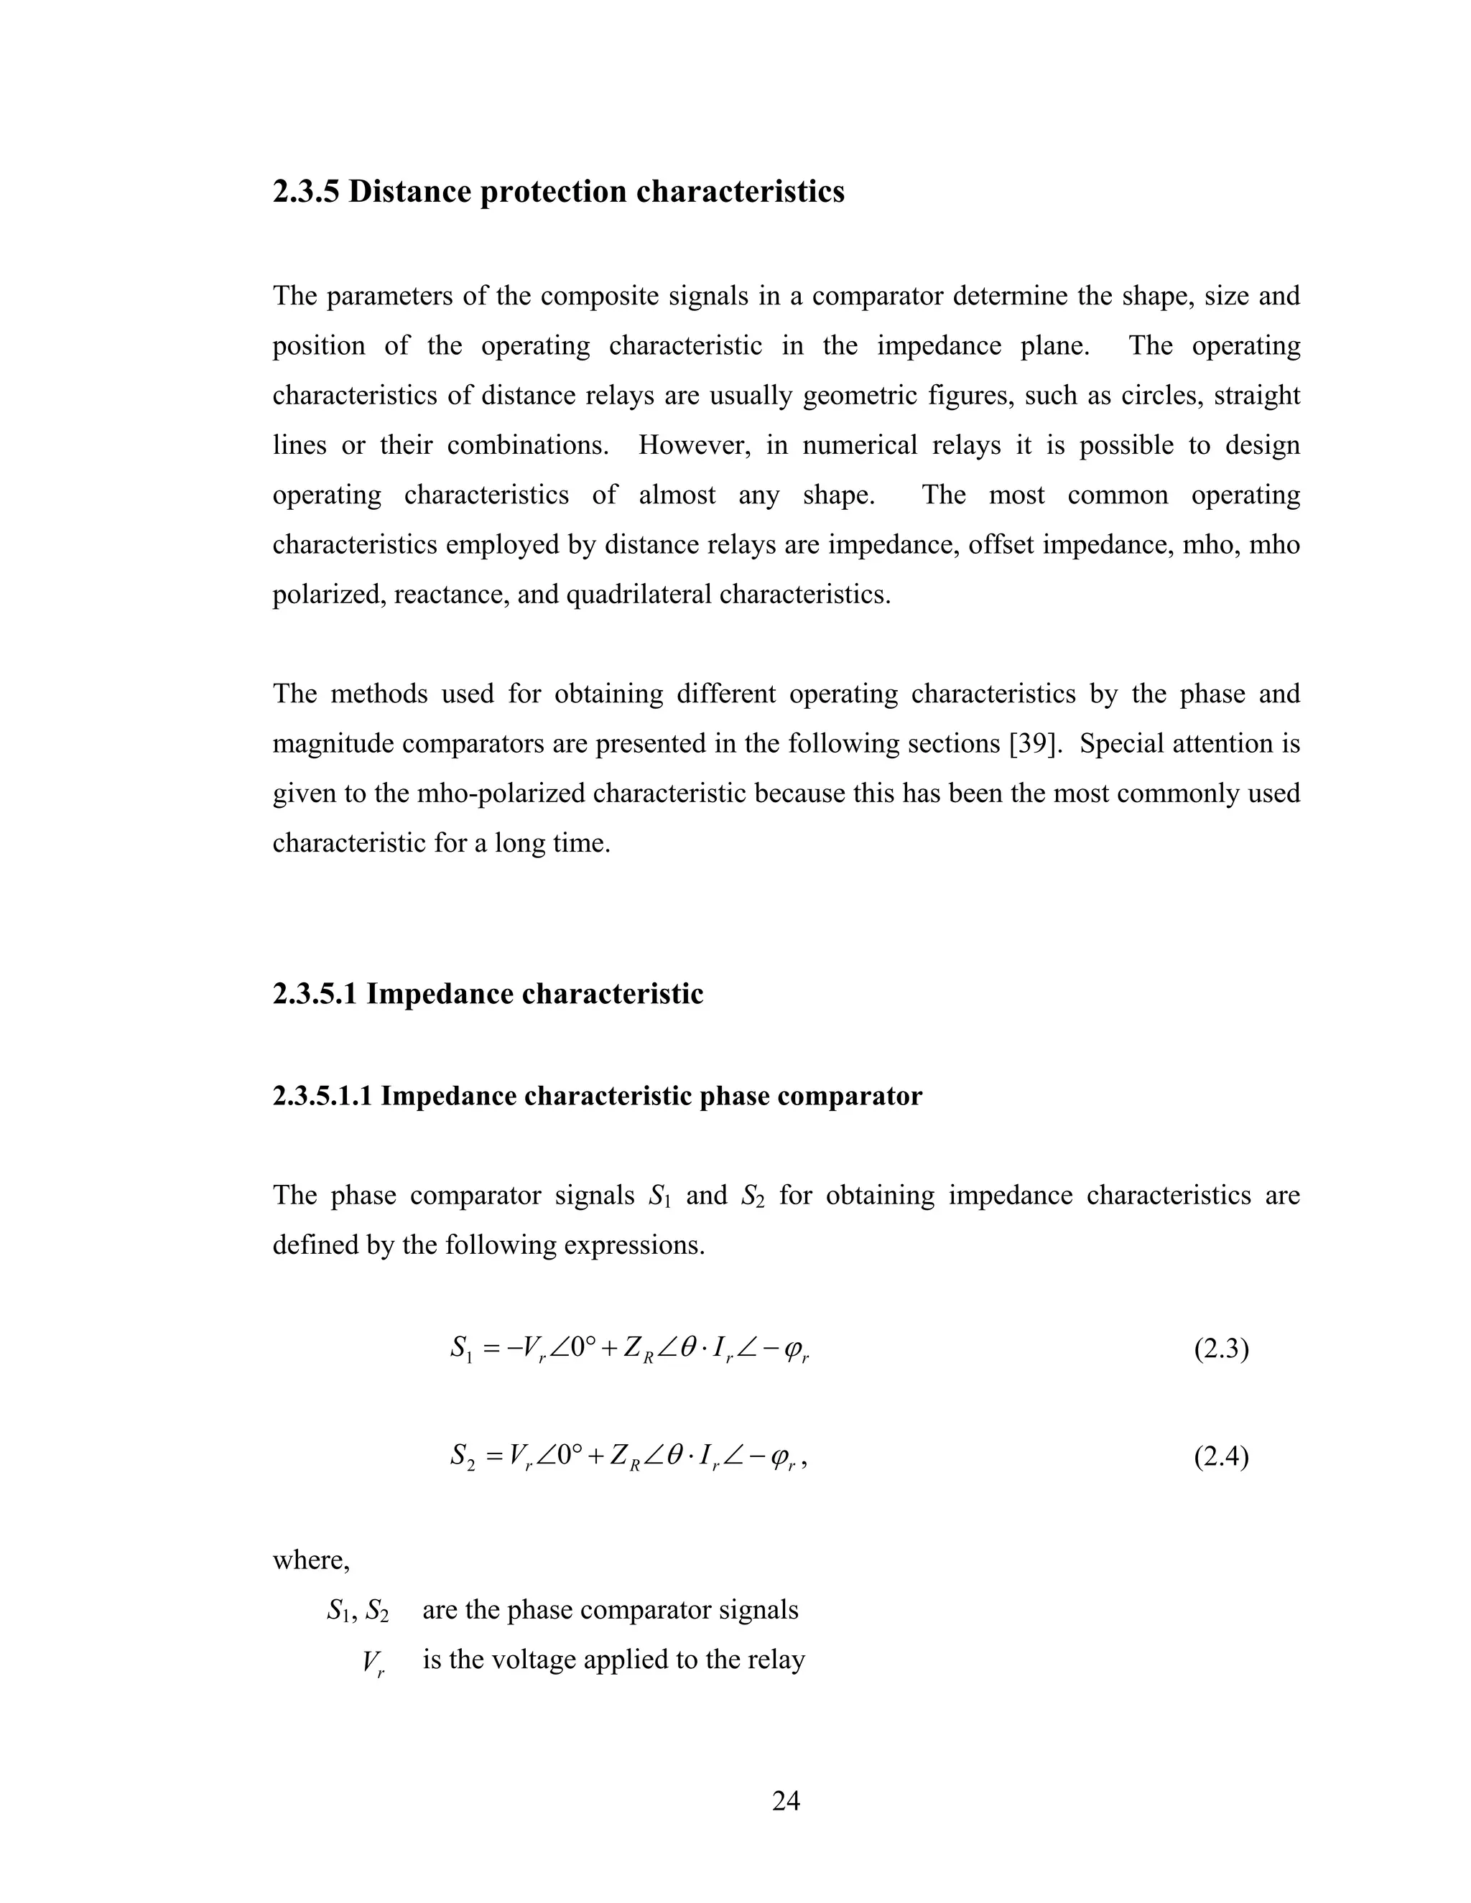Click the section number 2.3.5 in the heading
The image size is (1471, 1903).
307,192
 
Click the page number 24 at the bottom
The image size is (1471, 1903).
786,1800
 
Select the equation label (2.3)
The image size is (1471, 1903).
1221,1350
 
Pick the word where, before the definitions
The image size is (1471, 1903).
311,1560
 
